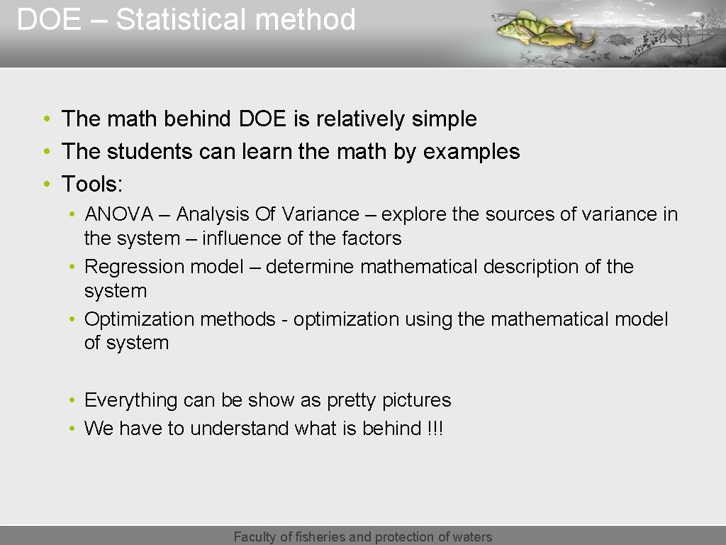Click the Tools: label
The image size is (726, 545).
click(92, 185)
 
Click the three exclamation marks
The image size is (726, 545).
click(435, 429)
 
